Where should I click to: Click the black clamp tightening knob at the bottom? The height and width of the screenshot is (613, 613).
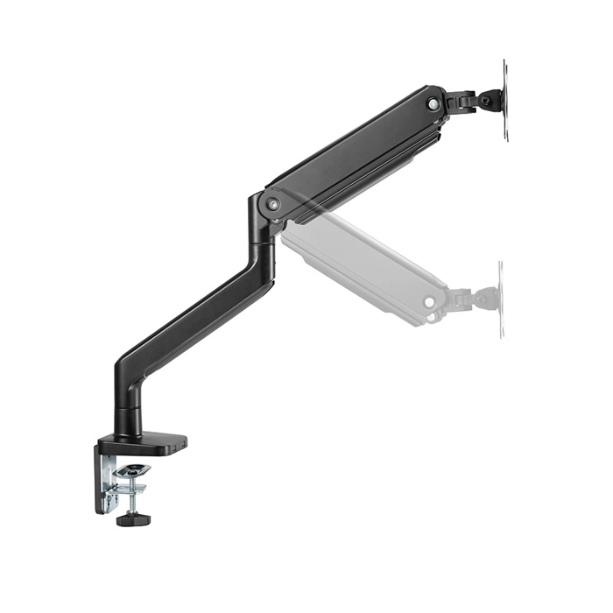[133, 519]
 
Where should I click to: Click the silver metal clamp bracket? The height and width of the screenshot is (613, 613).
[109, 482]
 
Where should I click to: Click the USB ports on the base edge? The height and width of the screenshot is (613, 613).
[180, 448]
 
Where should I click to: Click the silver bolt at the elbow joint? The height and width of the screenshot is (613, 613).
[274, 203]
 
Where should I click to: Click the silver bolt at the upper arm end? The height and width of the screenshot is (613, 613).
[433, 103]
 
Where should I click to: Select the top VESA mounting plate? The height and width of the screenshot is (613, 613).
[504, 100]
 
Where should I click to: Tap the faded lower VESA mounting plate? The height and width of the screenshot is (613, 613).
[500, 298]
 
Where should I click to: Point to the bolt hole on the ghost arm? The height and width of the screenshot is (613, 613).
[429, 302]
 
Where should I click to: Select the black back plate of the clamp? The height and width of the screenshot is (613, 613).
[98, 477]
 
